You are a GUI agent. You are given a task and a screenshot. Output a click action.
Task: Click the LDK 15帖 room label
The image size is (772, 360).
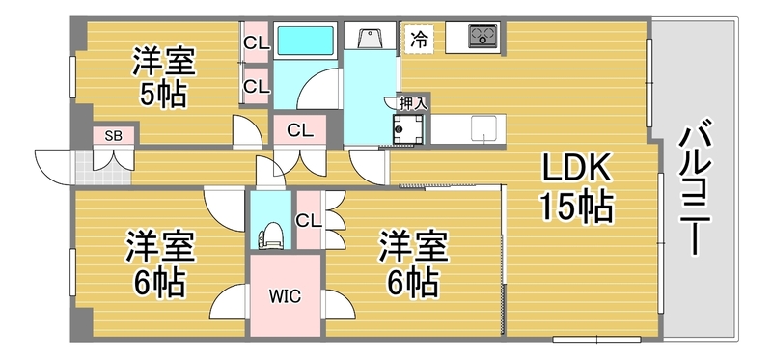[x=577, y=187]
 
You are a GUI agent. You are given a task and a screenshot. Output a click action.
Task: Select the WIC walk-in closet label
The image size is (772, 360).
[x=286, y=296]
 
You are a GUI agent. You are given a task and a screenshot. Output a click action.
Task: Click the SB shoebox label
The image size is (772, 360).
[x=114, y=136]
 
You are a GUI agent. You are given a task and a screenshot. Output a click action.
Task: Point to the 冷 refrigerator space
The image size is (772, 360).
[x=420, y=39]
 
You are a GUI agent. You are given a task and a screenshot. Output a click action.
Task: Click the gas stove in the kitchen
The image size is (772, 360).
[x=483, y=36]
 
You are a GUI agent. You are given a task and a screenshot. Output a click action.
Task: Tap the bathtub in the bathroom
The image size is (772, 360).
[x=305, y=41]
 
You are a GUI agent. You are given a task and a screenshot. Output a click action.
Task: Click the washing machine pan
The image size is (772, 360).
[x=407, y=129]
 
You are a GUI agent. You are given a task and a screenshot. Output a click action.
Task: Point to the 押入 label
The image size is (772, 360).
[x=414, y=103]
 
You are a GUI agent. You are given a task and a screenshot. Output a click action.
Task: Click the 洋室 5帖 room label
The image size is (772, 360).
[x=163, y=76]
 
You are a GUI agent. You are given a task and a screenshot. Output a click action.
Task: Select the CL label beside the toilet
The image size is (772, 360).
[x=308, y=221]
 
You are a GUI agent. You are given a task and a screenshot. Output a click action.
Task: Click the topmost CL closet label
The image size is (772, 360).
[x=257, y=43]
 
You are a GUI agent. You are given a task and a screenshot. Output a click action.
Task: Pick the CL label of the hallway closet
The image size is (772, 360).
[x=300, y=130]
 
